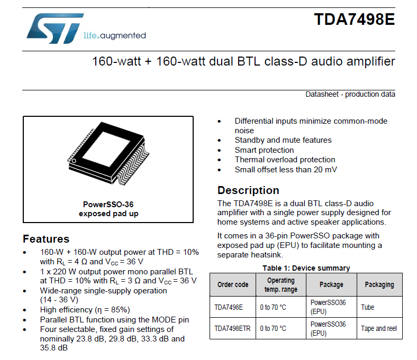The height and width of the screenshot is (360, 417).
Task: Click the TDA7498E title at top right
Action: click(354, 20)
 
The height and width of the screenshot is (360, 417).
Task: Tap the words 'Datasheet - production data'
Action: click(350, 95)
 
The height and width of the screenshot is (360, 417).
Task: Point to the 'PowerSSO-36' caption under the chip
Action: click(108, 205)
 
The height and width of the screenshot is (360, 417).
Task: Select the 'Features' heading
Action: click(46, 239)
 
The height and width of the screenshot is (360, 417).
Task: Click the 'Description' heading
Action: click(248, 191)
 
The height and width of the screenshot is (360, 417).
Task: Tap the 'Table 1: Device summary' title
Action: click(306, 268)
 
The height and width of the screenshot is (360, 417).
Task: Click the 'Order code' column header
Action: click(233, 284)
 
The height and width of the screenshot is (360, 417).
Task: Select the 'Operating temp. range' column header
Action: click(281, 284)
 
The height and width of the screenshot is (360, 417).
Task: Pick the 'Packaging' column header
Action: click(379, 284)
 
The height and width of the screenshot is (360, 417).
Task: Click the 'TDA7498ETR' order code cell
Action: click(232, 328)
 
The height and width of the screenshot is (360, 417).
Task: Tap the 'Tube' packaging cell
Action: click(367, 307)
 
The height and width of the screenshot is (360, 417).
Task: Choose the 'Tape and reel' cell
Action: click(378, 328)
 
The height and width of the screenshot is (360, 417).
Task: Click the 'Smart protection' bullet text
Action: click(264, 150)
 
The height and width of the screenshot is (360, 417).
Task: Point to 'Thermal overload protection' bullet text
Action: click(285, 160)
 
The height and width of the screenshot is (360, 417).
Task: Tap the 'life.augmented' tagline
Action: click(115, 35)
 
